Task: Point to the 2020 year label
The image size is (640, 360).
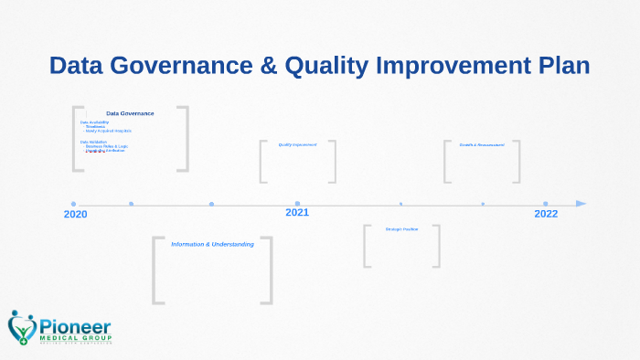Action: [x=76, y=215]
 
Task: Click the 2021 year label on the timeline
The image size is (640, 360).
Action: [x=297, y=213]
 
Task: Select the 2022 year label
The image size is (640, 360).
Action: [x=546, y=214]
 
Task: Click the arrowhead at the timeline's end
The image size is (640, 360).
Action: [x=581, y=204]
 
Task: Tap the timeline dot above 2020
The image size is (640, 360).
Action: [x=74, y=204]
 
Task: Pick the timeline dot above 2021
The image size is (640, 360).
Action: [x=297, y=204]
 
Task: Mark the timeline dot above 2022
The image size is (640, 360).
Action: [x=546, y=204]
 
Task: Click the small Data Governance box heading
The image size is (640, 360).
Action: [x=130, y=113]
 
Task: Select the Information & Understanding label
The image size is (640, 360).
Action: [x=212, y=244]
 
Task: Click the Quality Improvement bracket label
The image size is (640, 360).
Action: [x=298, y=144]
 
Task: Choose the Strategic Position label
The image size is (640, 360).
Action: [x=401, y=228]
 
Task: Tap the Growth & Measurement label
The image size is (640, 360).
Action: [x=481, y=144]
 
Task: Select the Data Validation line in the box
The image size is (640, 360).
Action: [x=93, y=142]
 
